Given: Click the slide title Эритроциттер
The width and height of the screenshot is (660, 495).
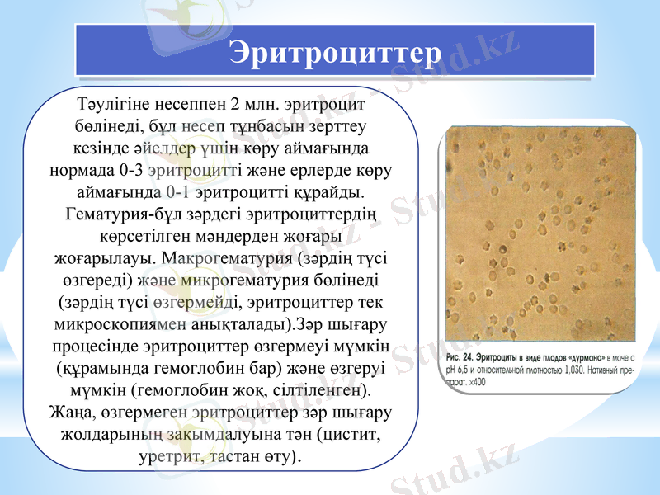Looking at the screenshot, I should click(335, 51).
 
